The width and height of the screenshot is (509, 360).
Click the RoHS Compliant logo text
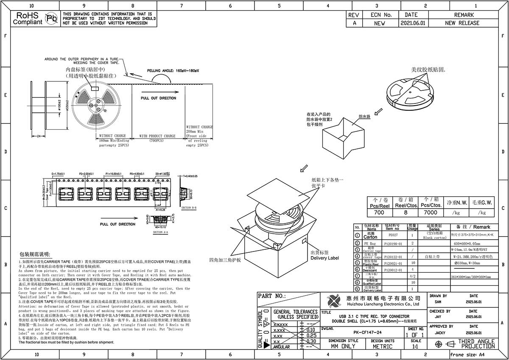[x=28, y=19]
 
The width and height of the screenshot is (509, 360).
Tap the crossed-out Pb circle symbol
[x=51, y=19]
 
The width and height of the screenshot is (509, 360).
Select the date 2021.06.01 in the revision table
[x=412, y=23]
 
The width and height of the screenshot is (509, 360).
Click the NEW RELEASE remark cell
[x=462, y=23]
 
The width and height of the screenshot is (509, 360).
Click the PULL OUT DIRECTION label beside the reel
[x=158, y=98]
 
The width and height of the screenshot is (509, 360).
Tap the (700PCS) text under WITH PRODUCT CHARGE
[x=157, y=141]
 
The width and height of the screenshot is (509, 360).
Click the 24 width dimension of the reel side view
[x=38, y=136]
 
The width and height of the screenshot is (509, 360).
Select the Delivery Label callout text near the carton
[x=324, y=258]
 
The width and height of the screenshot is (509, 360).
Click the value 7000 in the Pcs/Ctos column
[x=431, y=212]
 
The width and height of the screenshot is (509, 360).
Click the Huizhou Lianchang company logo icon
[x=333, y=301]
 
